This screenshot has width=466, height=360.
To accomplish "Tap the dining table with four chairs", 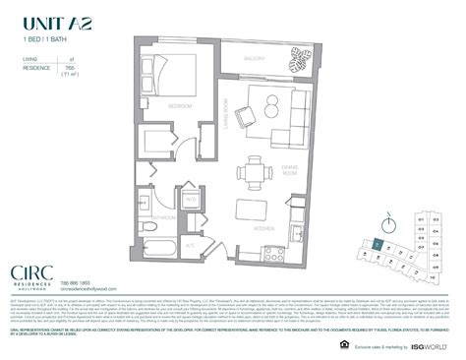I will point(260,172).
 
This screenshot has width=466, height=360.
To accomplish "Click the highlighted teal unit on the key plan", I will point(379,243).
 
